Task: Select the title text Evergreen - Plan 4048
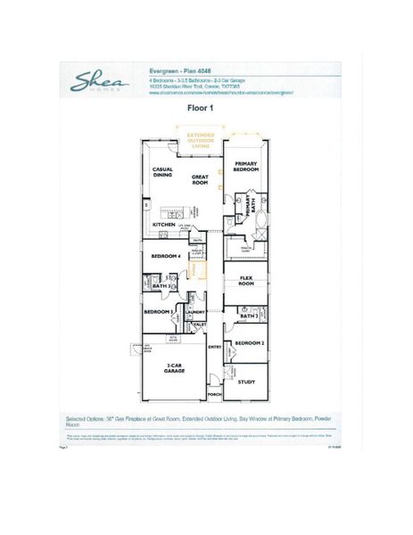point(185,67)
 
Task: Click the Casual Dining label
point(162,172)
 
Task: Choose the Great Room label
point(200,179)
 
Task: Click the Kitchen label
point(164,225)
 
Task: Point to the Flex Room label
point(247,280)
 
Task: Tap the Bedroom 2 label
point(249,342)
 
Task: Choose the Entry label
point(214,347)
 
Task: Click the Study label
point(246,382)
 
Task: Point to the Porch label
point(214,393)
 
